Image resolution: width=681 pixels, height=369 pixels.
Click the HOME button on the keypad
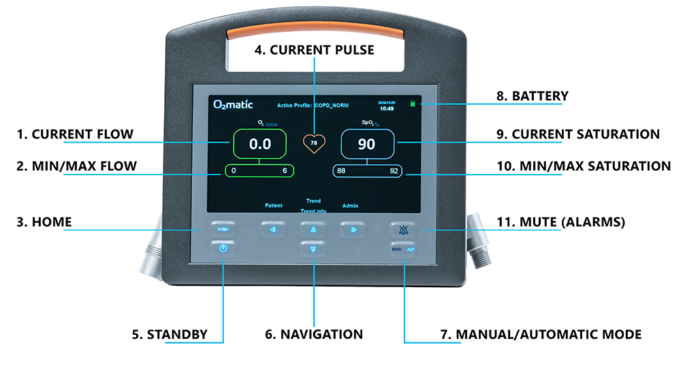point(223,230)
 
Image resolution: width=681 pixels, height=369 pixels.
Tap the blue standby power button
point(223,250)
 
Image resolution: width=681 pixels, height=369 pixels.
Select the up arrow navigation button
point(313,230)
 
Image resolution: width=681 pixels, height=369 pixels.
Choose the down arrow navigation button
point(313,250)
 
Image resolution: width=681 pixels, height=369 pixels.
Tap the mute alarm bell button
point(402,230)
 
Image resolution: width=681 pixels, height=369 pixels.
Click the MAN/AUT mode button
point(402,250)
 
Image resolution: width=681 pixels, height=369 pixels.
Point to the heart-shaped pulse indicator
point(314,143)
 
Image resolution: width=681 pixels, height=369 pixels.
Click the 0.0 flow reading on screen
point(260,144)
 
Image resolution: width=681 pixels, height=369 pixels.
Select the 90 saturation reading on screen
point(366,144)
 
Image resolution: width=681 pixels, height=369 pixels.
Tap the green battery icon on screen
point(412,104)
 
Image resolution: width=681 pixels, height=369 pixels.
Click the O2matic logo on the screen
point(233,104)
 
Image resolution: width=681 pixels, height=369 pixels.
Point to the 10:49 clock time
point(387,108)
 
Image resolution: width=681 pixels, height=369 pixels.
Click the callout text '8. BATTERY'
point(531,96)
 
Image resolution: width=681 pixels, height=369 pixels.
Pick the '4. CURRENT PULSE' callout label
point(314,50)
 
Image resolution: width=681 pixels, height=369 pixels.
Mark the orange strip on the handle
point(315,31)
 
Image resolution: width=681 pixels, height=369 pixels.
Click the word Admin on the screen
point(350,205)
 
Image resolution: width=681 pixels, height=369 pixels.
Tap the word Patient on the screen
point(274,205)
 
